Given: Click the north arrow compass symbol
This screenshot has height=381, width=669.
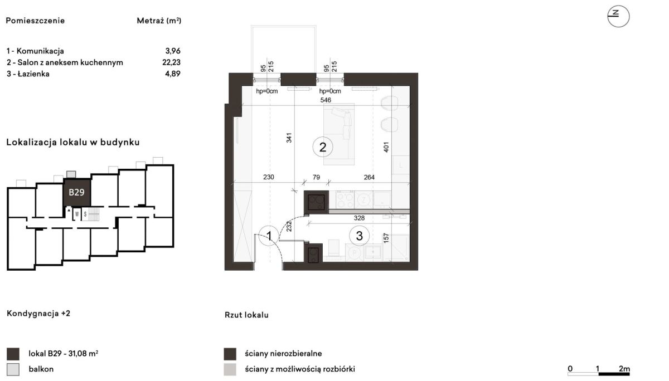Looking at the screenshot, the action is [618, 16].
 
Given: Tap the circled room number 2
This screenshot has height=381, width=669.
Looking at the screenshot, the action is [323, 147].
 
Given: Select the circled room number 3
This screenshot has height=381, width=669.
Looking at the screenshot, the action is [359, 236].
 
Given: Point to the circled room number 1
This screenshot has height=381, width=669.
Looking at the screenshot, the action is [269, 236].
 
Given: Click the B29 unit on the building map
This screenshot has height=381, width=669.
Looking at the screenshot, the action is [77, 192].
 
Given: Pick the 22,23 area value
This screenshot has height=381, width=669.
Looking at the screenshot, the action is [172, 62].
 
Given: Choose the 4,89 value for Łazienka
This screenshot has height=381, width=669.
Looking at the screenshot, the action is [173, 74].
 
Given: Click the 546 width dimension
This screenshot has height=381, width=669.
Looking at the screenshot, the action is [326, 100].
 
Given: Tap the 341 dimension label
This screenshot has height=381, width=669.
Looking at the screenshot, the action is [289, 138].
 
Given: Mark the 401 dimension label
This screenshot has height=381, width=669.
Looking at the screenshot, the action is [386, 147].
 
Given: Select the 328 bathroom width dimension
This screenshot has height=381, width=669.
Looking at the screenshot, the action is [359, 218].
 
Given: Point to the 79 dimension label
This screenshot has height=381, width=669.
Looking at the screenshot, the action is [316, 177].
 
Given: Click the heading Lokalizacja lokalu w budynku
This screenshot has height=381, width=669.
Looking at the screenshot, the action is [73, 142].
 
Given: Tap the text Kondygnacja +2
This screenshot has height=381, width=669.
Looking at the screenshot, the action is [38, 314].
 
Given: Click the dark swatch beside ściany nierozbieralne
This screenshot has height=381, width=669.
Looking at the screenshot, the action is [230, 354].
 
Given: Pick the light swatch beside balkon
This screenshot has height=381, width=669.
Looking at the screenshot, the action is [13, 369].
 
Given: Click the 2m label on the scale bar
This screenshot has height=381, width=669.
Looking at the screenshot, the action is [624, 369].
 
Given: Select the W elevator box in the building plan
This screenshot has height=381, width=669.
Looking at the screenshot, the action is [77, 214].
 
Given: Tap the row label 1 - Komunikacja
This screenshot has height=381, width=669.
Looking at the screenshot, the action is [35, 51].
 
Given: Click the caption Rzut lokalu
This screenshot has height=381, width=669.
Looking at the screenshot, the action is [246, 315].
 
